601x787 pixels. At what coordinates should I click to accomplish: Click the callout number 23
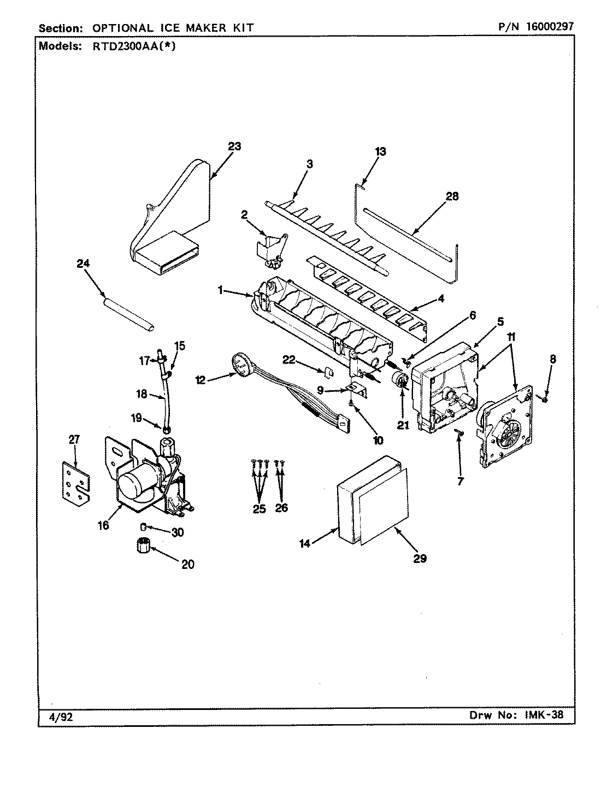tap(234, 146)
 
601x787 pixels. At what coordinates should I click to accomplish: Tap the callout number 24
tap(83, 264)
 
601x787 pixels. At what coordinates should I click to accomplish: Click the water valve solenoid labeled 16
tap(145, 481)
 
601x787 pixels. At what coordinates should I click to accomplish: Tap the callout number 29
tap(420, 558)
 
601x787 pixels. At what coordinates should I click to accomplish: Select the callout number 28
tap(452, 196)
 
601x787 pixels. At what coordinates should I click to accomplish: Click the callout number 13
tap(380, 151)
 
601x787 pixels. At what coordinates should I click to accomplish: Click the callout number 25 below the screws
tap(259, 509)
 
